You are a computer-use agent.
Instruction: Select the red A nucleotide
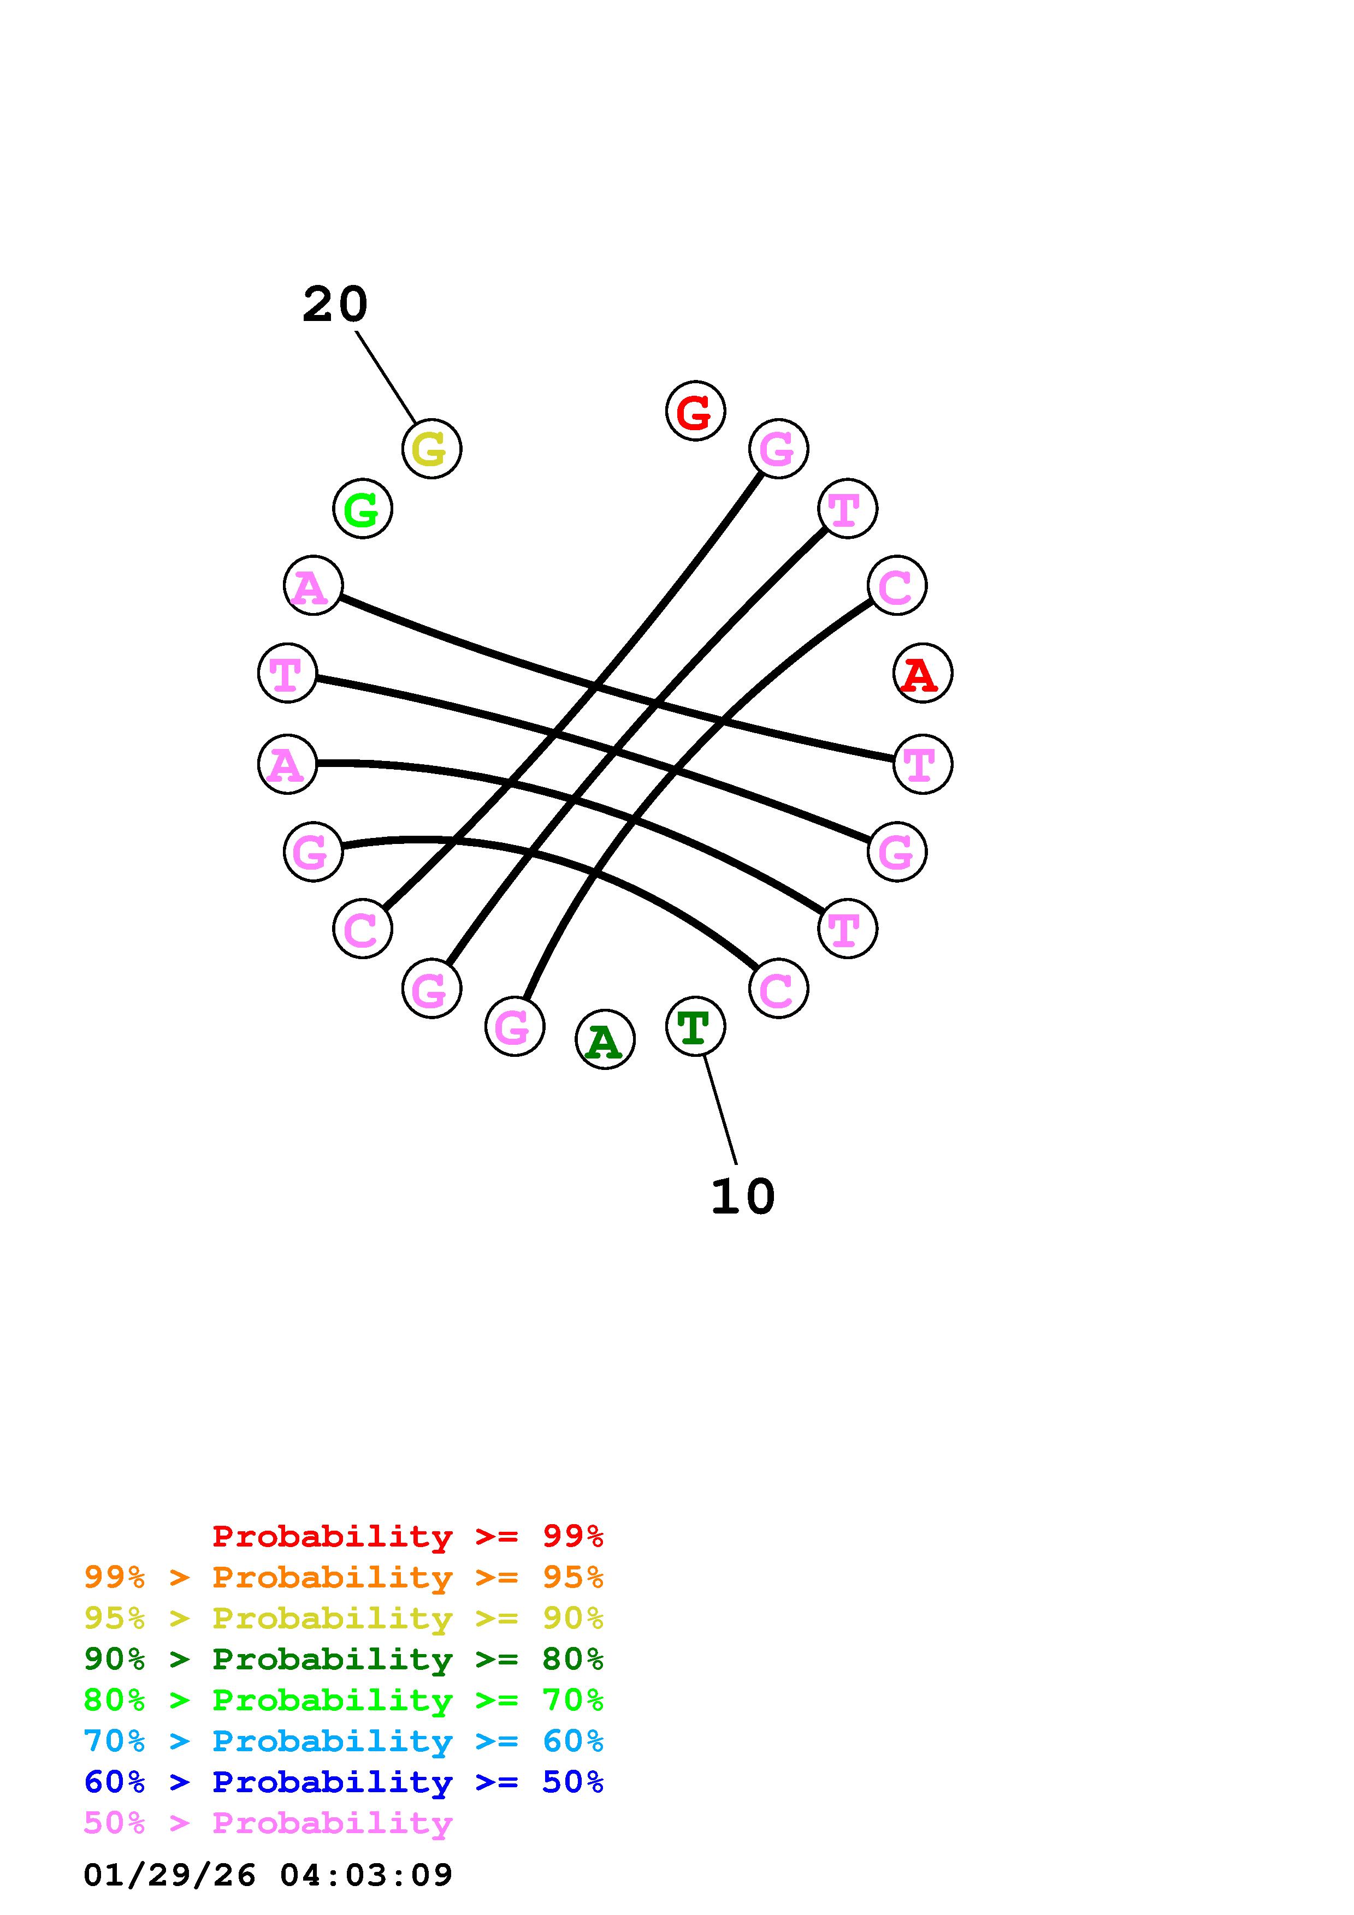click(922, 673)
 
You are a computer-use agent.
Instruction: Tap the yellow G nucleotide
click(431, 449)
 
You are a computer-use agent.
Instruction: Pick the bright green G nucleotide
click(362, 509)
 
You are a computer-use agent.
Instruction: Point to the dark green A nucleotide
click(605, 1040)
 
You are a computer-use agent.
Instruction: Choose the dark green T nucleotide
click(695, 1026)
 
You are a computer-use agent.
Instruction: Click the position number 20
click(334, 305)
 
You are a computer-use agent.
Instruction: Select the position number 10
click(742, 1197)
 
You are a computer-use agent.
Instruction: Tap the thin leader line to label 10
click(720, 1109)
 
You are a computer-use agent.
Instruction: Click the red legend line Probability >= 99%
click(407, 1536)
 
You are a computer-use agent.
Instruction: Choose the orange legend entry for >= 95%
click(344, 1577)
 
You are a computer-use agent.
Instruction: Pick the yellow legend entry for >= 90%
click(344, 1618)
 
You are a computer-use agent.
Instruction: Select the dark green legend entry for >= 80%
click(344, 1659)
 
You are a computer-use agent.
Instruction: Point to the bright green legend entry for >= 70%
click(344, 1700)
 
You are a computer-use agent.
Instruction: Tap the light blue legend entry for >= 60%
click(344, 1741)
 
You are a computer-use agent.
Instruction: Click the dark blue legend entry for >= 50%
click(344, 1782)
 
